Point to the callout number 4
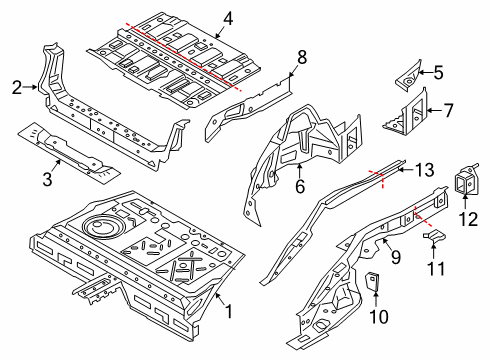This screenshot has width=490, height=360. [228, 18]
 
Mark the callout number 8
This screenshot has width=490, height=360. [301, 57]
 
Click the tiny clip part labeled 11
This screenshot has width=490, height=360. [432, 236]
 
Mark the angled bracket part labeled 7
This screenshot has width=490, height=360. [410, 113]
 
